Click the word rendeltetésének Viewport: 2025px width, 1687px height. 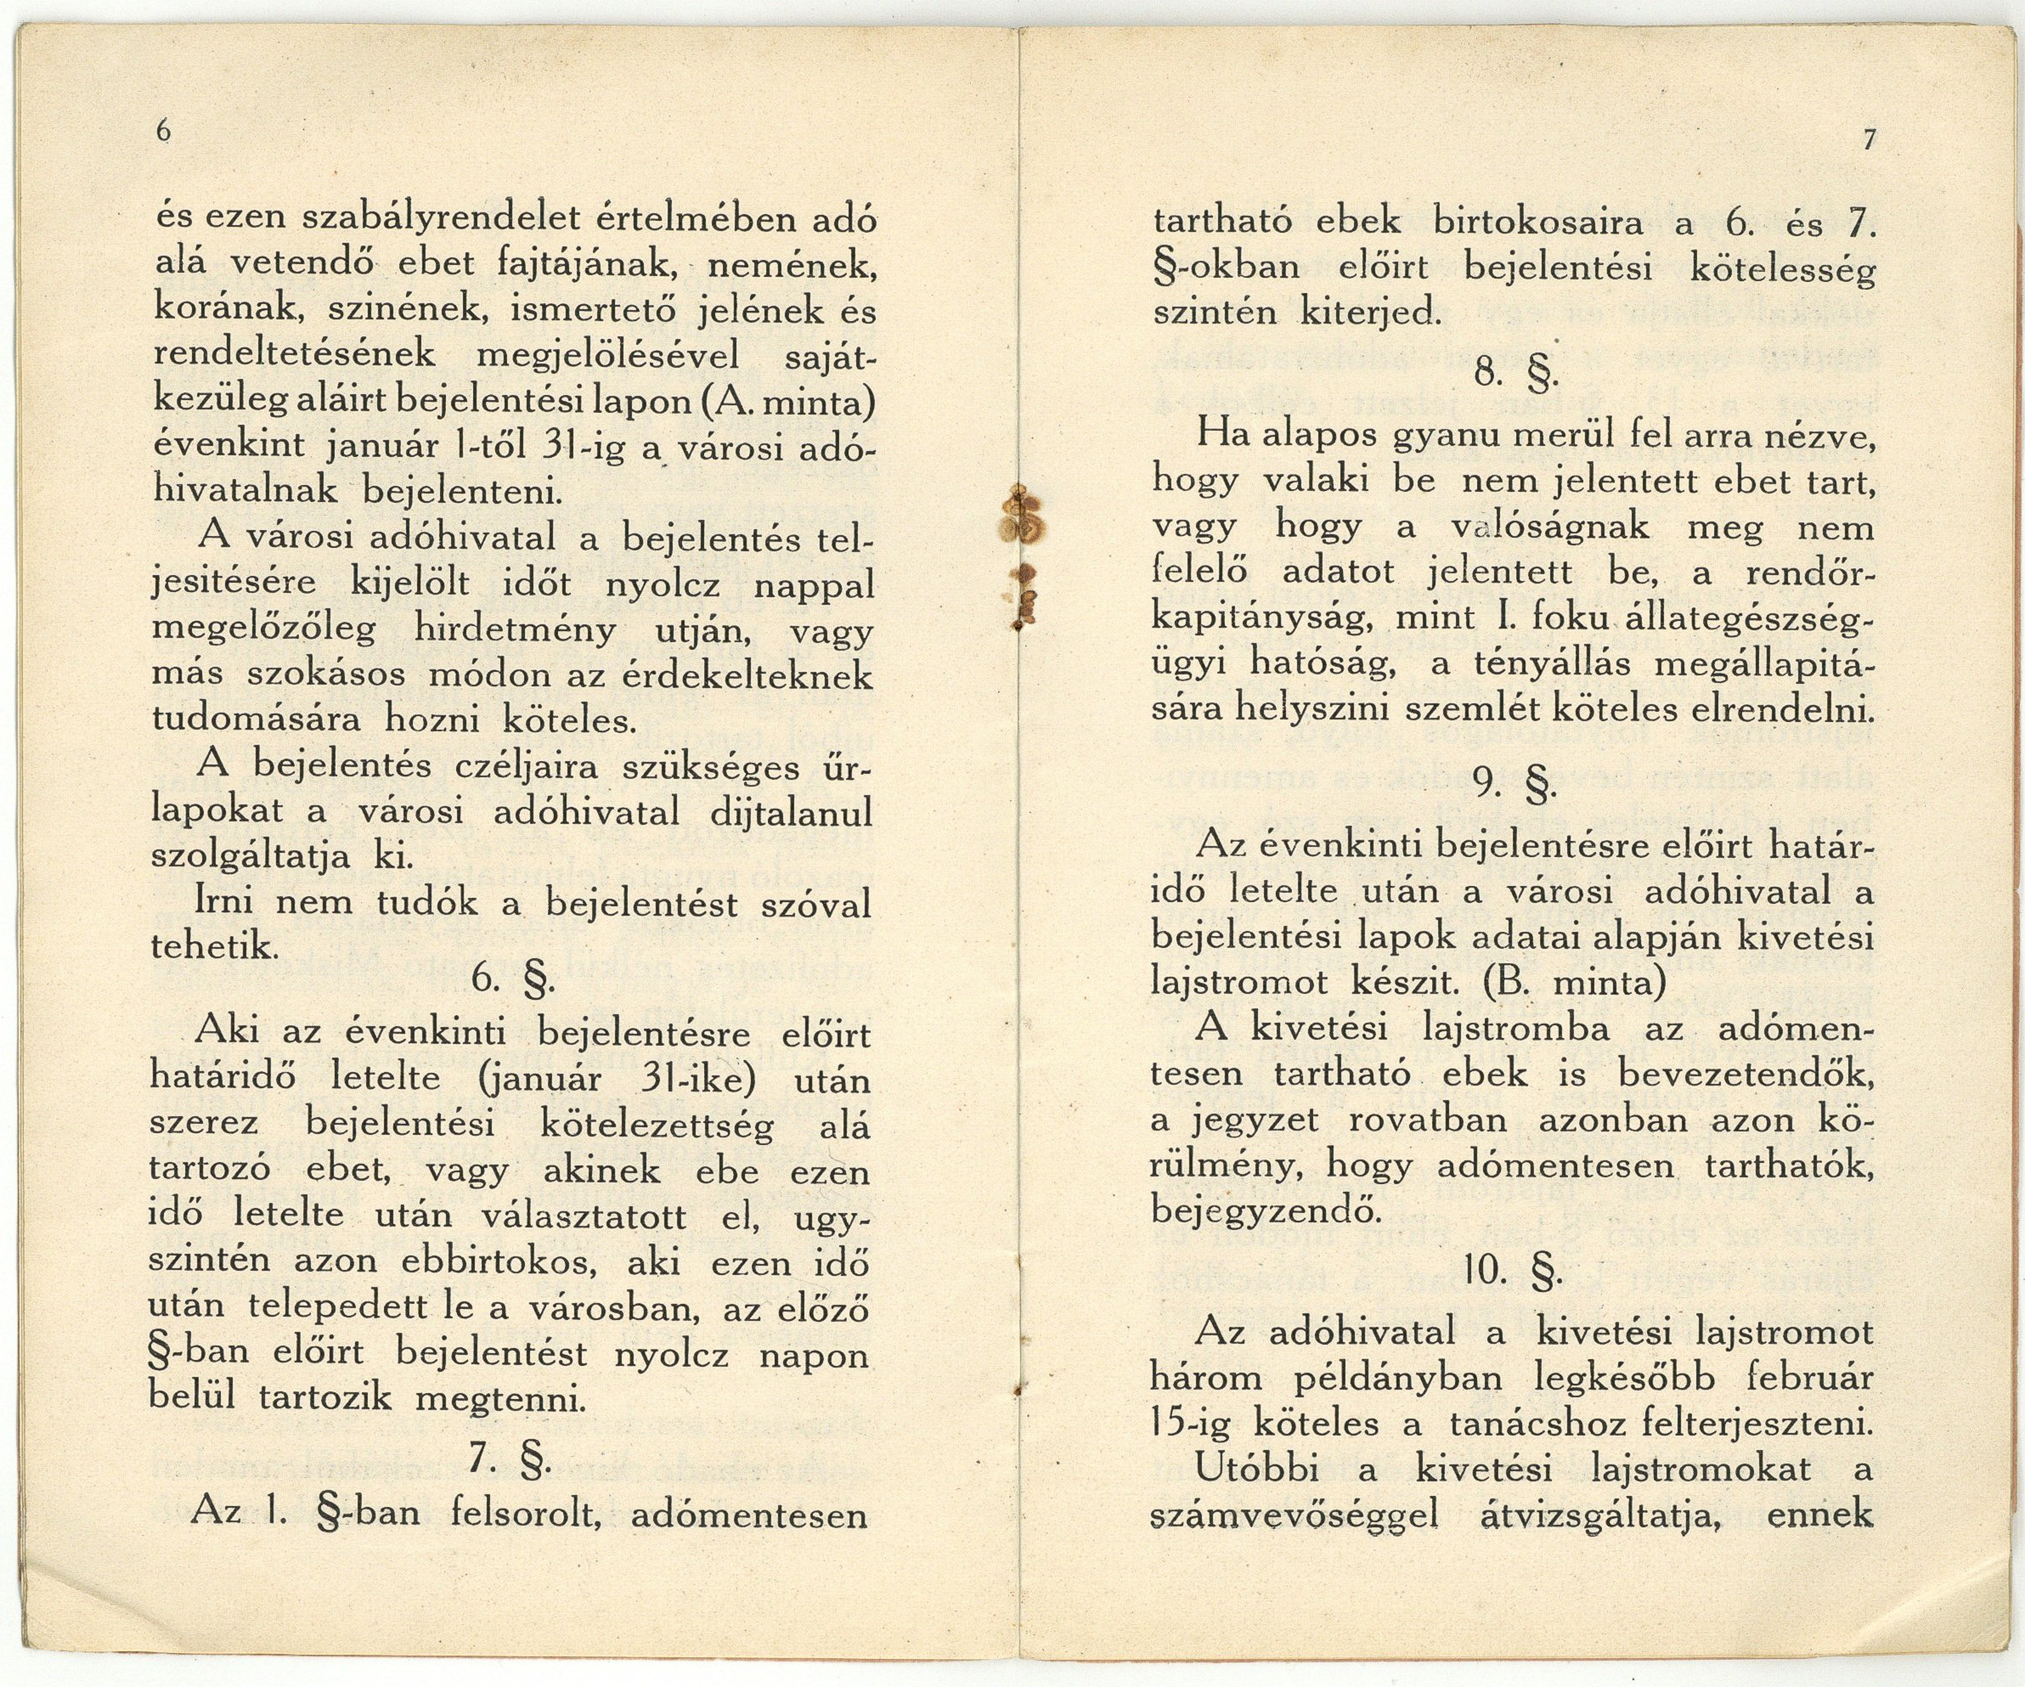click(x=295, y=356)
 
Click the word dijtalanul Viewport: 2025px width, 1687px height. click(x=791, y=813)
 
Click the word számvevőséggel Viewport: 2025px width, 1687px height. click(x=1294, y=1515)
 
